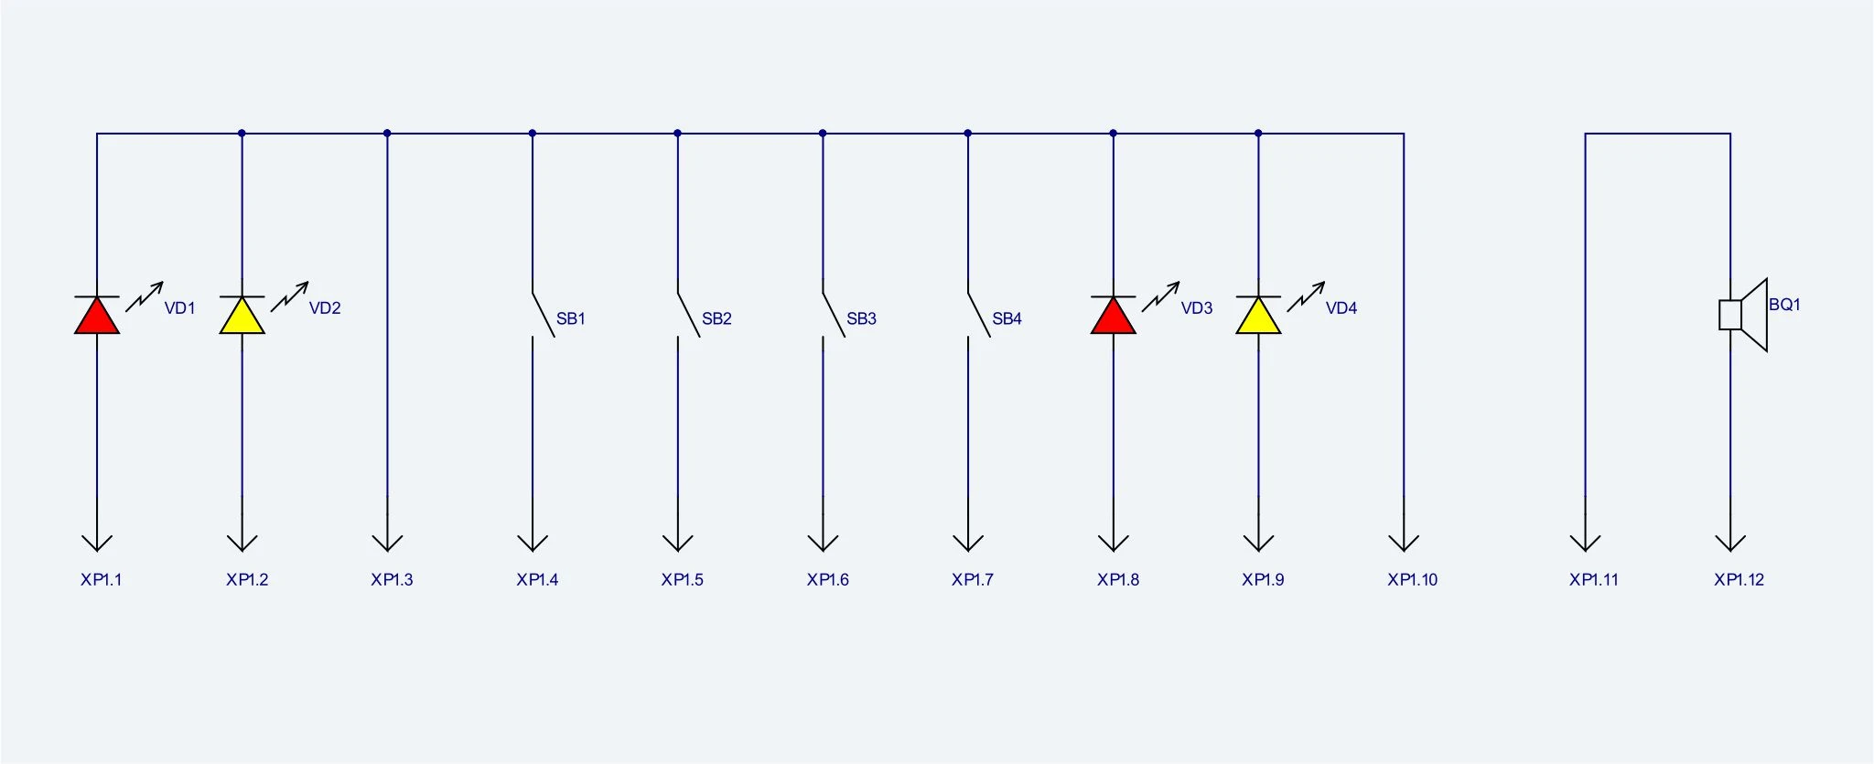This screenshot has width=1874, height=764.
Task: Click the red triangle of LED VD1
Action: click(x=97, y=317)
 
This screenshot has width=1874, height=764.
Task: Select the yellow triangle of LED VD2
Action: click(x=242, y=317)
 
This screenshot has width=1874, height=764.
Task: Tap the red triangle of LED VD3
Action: click(x=1114, y=317)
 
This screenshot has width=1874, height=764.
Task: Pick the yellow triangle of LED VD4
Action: click(x=1258, y=317)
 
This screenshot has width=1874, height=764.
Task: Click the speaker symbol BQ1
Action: click(x=1743, y=315)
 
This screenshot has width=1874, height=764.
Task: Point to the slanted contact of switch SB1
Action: click(x=544, y=315)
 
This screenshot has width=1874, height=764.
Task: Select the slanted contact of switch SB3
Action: click(x=834, y=315)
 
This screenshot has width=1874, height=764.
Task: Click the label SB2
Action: click(x=716, y=318)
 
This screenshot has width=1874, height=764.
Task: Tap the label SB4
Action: click(x=1007, y=318)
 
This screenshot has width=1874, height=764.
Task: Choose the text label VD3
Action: click(x=1197, y=308)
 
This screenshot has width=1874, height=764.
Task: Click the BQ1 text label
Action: click(x=1784, y=305)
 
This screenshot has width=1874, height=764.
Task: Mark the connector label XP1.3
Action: click(x=392, y=579)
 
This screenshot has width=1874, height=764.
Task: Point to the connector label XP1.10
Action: click(x=1413, y=579)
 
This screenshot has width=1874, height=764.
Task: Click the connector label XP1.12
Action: click(x=1739, y=579)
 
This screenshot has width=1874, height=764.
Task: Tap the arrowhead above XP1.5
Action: click(x=678, y=543)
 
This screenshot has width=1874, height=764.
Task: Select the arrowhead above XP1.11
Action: click(x=1585, y=543)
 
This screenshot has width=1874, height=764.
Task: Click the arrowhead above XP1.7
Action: click(x=968, y=543)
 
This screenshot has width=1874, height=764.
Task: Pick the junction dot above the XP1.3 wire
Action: click(x=387, y=134)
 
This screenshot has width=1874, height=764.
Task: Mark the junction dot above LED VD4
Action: click(x=1258, y=134)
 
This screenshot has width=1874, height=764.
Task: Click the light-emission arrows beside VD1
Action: click(x=145, y=296)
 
